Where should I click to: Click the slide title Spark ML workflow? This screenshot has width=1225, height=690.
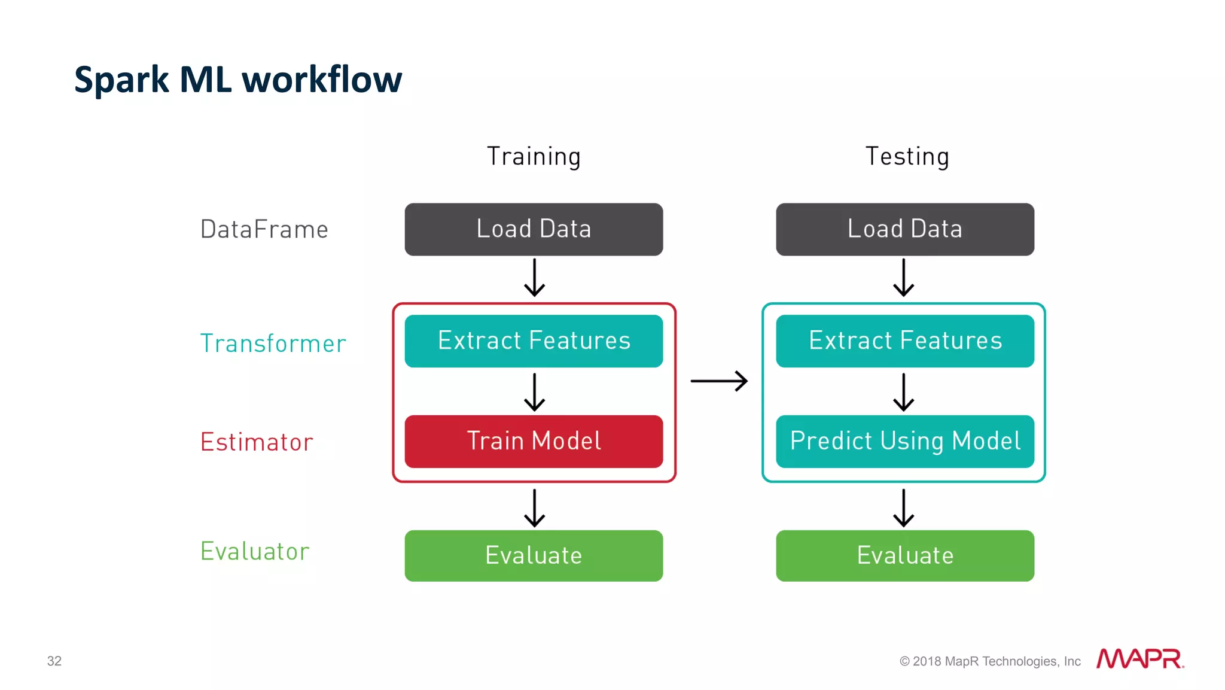238,80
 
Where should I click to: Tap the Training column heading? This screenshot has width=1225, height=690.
534,157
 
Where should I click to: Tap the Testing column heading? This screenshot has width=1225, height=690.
907,157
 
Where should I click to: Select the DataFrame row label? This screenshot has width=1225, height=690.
264,230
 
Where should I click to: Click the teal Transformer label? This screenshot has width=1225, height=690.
273,344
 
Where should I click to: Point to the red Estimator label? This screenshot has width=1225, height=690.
257,442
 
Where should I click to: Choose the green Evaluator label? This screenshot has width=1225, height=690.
255,551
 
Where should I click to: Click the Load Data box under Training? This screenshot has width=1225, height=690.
534,229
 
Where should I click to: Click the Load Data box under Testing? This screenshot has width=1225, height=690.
904,229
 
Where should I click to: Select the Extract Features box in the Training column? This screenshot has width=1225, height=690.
534,341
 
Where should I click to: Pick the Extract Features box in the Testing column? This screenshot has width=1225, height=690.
904,341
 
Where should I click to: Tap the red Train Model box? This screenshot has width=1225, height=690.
534,442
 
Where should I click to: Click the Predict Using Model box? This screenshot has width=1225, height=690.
904,442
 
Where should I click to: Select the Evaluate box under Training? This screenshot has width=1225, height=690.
534,555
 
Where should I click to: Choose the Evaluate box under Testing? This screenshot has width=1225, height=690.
904,555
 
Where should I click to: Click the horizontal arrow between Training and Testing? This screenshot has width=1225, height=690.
719,381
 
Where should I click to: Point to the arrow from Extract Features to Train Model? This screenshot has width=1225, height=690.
534,392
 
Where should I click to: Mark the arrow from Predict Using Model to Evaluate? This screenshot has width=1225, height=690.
903,507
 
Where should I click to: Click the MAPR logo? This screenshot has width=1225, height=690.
1139,659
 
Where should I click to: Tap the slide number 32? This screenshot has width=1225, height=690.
54,661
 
